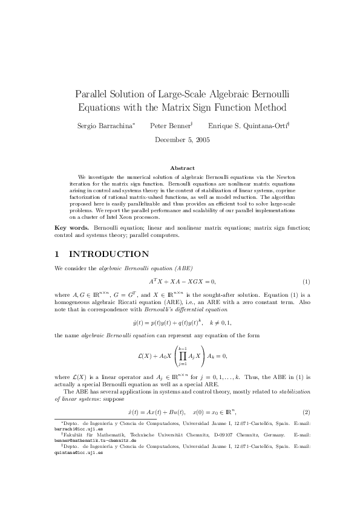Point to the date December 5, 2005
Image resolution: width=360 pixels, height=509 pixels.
pos(180,140)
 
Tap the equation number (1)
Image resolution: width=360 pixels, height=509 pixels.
pos(306,282)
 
